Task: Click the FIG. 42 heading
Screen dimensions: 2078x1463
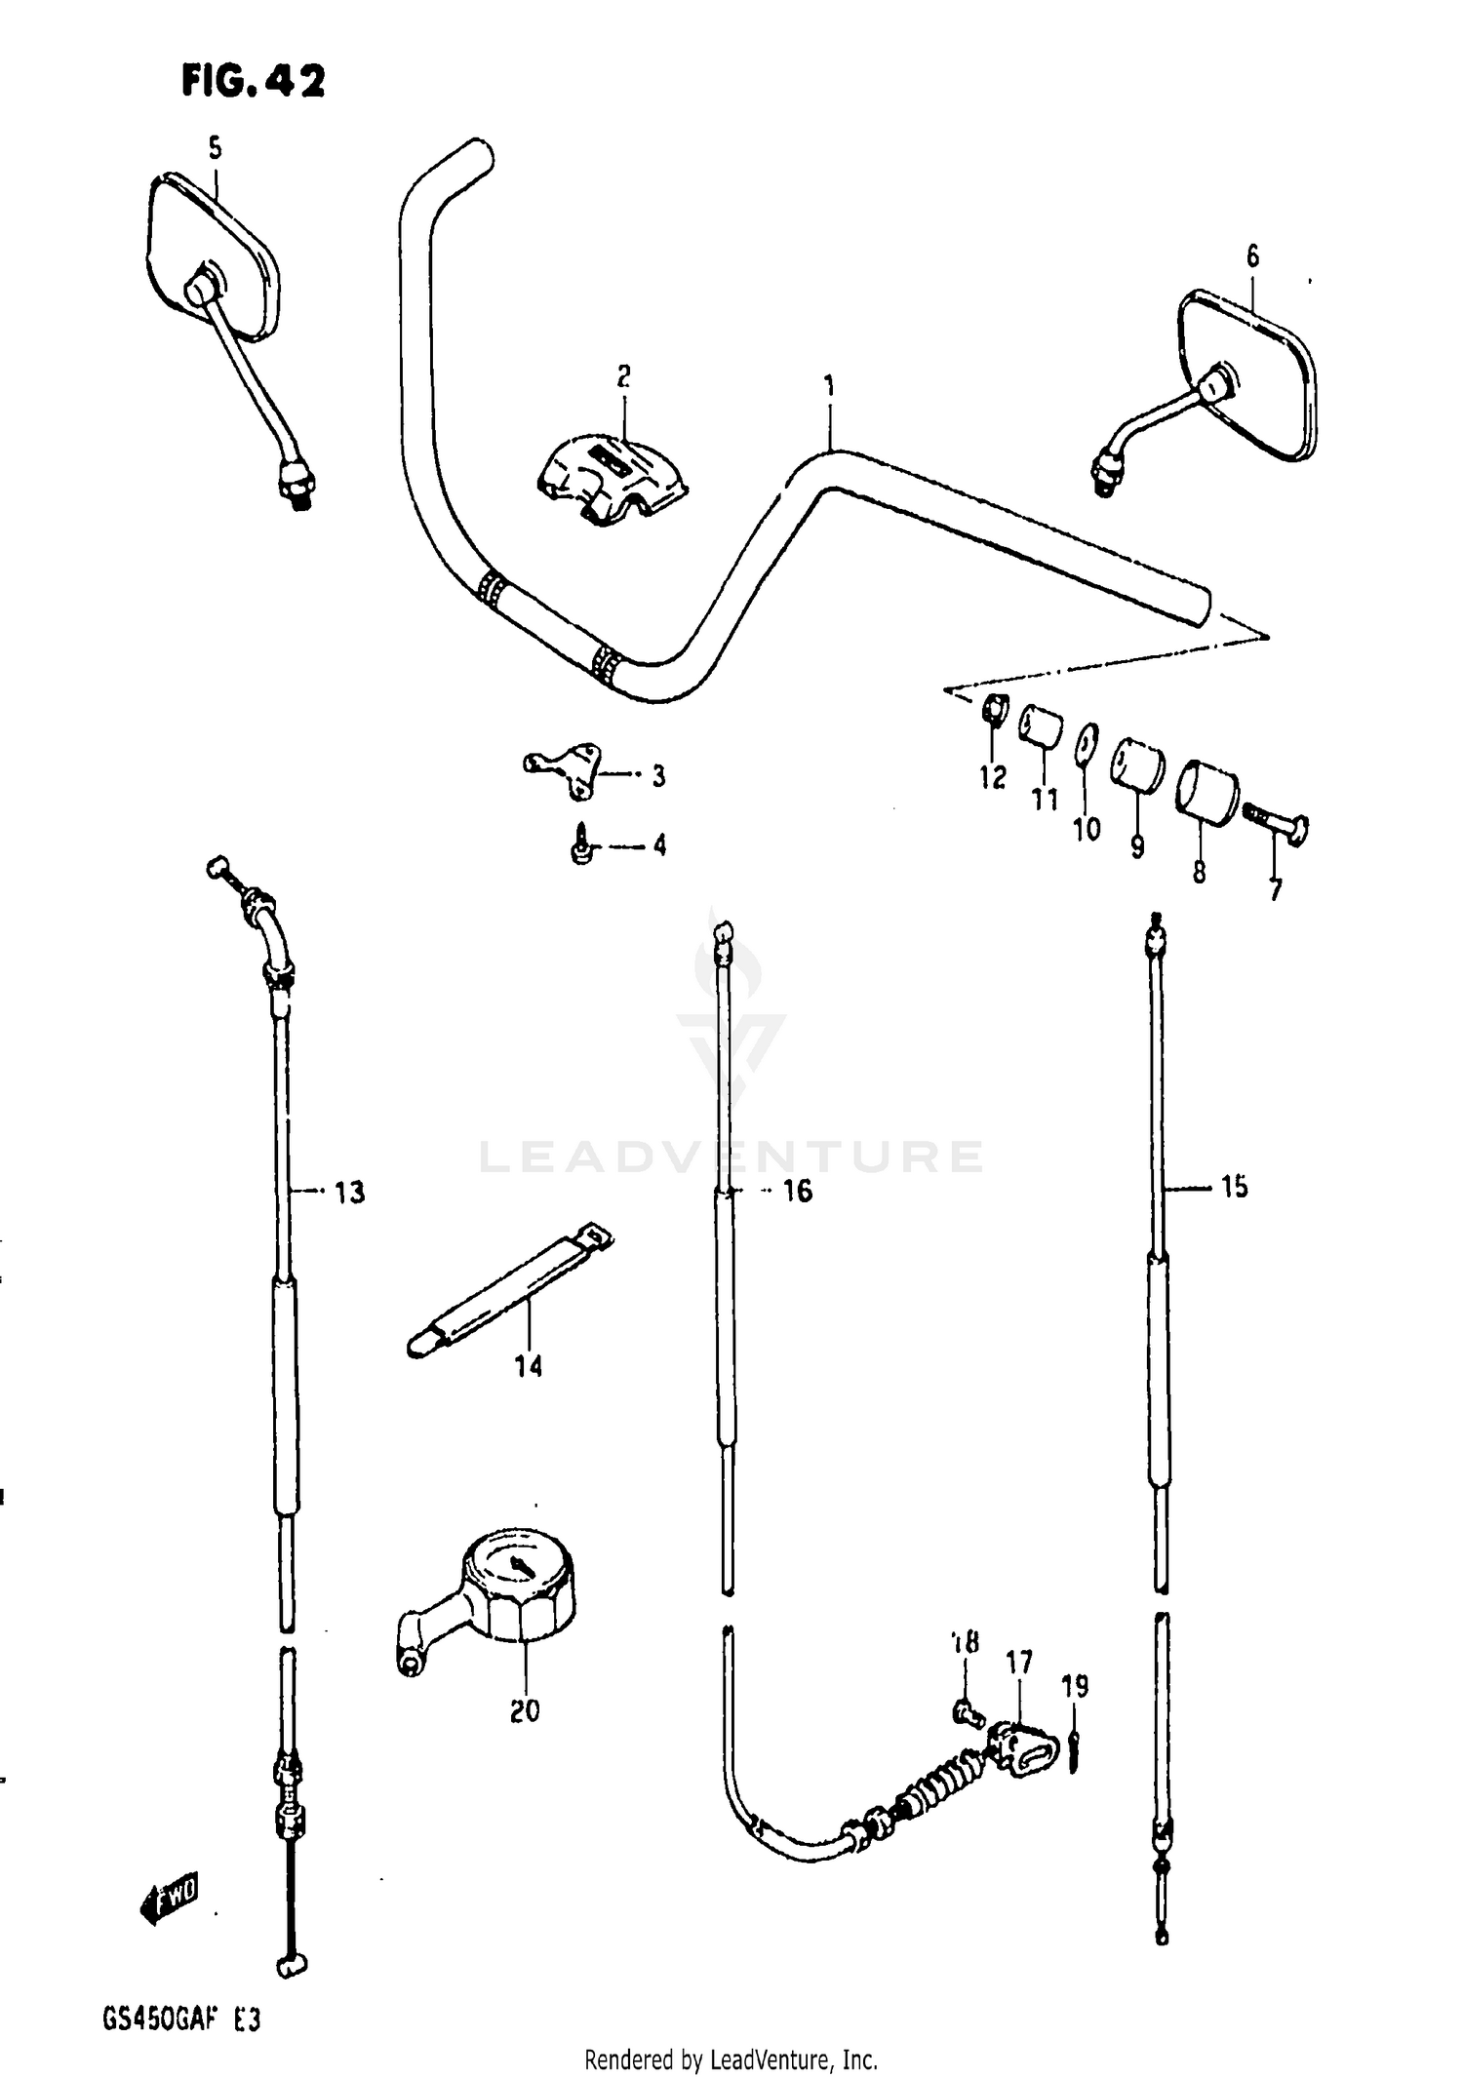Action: [253, 82]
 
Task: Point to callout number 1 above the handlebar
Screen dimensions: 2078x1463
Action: [829, 387]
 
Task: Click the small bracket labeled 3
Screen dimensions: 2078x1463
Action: [568, 769]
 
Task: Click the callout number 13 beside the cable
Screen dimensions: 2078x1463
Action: [349, 1192]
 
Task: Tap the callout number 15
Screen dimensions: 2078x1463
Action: [1234, 1187]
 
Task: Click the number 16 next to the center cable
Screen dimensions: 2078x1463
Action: [797, 1191]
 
